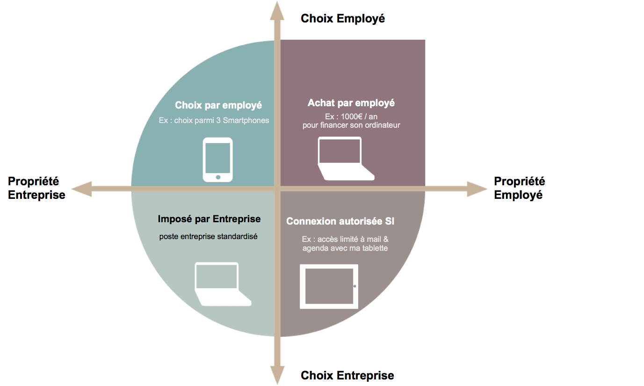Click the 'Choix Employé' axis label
click(x=343, y=18)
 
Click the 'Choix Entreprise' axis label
click(x=347, y=375)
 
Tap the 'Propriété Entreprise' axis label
click(x=36, y=188)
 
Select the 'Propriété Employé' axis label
click(x=519, y=188)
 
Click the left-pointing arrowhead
click(x=80, y=189)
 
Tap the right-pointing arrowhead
click(x=477, y=189)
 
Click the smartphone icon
click(x=217, y=159)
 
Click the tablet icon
click(x=329, y=286)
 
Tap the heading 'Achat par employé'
click(x=351, y=102)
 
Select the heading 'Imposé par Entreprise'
click(x=209, y=219)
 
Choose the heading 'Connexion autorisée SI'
click(x=340, y=221)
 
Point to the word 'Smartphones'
click(x=246, y=120)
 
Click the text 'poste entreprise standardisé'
click(x=208, y=236)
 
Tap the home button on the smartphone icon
click(x=217, y=177)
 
